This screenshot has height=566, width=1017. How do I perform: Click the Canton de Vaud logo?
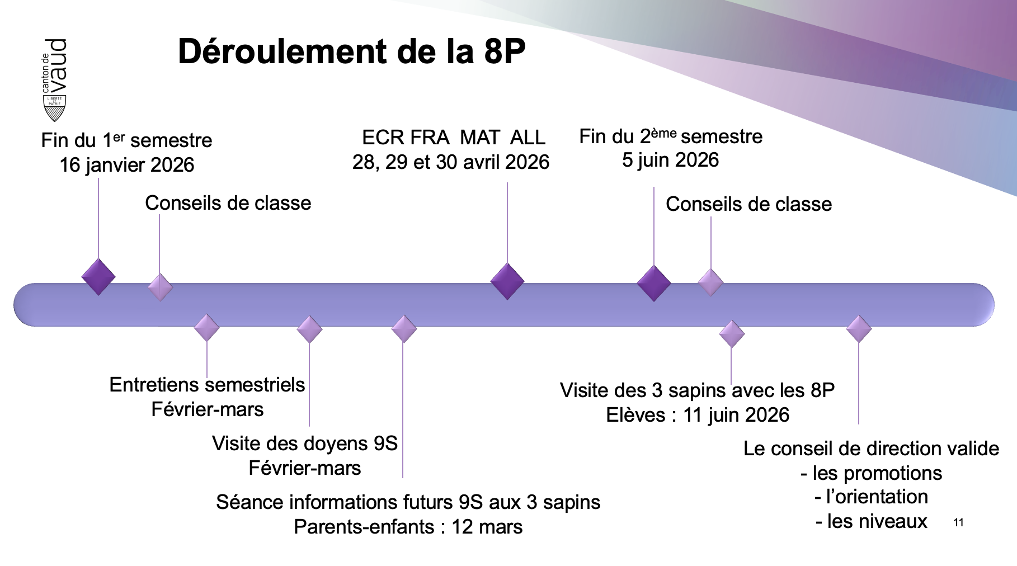point(55,80)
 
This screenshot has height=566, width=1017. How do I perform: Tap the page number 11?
point(958,522)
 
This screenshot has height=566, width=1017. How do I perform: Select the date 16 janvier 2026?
point(127,165)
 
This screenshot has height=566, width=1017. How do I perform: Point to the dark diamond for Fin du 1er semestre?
point(98,277)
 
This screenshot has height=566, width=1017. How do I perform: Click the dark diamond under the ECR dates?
point(507,281)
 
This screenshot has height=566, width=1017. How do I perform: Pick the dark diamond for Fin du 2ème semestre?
point(654,284)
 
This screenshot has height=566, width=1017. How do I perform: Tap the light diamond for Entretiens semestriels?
point(206,328)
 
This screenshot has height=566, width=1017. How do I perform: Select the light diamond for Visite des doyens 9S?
point(309,329)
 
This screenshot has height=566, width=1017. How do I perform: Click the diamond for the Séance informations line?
point(404,329)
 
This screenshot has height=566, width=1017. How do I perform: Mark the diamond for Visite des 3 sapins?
point(732,334)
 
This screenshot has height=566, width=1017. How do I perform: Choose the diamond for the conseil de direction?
point(859,329)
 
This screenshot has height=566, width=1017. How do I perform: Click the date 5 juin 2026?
point(670,160)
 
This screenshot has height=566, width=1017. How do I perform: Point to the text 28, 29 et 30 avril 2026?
point(451,162)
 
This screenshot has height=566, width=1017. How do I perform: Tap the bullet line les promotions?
point(871,473)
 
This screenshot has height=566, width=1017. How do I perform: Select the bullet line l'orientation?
point(871,497)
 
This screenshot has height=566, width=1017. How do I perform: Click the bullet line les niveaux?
point(871,521)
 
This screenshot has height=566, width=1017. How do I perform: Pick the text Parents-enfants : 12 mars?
point(408,527)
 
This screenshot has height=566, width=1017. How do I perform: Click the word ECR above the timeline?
point(382,138)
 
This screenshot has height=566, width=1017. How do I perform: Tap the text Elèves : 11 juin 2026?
point(698,415)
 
